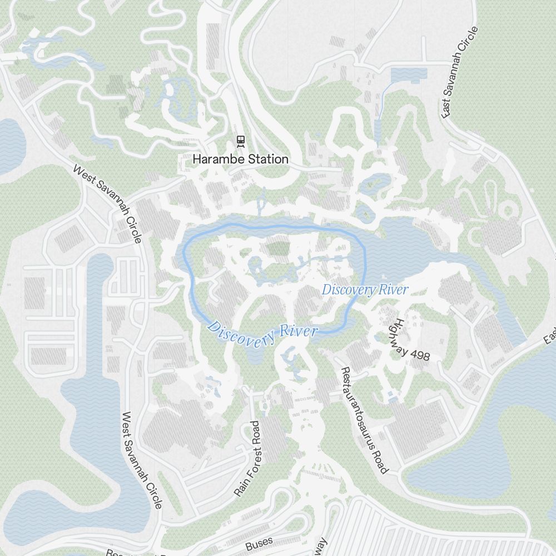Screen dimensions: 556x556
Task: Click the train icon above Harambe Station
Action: (240, 141)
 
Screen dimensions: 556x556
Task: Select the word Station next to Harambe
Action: (267, 159)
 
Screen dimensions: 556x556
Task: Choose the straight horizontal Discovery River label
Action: (365, 290)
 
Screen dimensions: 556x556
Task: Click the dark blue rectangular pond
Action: (409, 75)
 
